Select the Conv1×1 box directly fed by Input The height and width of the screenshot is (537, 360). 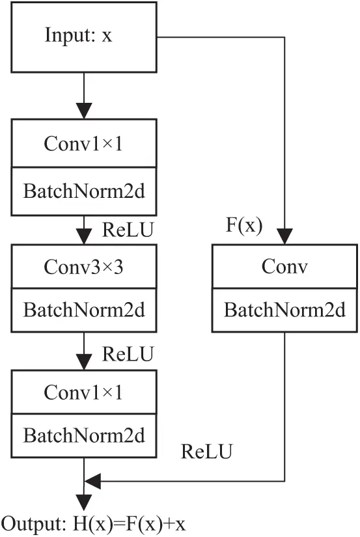(x=84, y=144)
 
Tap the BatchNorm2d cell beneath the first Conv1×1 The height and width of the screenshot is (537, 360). (x=84, y=191)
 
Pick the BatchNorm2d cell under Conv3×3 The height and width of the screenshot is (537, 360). (x=84, y=310)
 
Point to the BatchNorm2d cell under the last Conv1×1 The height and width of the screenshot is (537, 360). (x=84, y=434)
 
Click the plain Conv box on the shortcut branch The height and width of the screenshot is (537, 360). (x=284, y=266)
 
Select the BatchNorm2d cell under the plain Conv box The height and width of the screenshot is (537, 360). (x=284, y=310)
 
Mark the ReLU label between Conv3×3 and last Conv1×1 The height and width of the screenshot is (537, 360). (x=128, y=354)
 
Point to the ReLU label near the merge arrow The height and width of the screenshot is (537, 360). (x=206, y=450)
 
